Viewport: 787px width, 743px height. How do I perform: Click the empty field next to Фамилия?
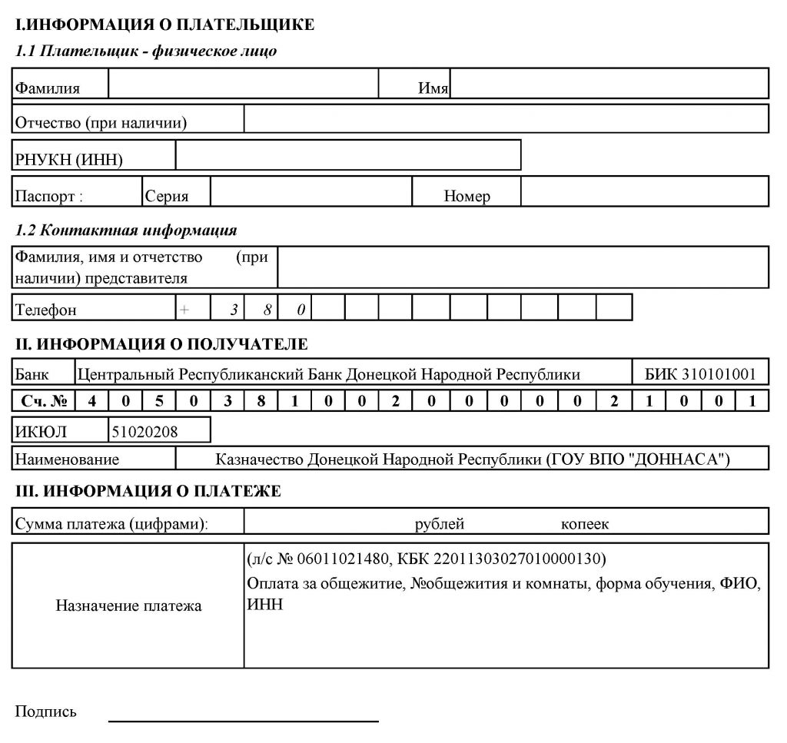244,84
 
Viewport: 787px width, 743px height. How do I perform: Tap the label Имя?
433,88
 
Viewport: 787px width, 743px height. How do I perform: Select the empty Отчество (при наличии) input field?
506,119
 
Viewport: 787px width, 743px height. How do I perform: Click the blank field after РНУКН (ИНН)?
348,154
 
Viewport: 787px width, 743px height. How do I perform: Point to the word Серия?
167,196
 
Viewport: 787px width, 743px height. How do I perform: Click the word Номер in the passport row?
467,196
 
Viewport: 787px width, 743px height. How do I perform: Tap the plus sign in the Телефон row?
184,310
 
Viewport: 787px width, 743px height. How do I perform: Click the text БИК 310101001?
700,374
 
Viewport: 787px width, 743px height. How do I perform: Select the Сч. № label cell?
43,401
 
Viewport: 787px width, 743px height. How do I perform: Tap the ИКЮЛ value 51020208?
144,431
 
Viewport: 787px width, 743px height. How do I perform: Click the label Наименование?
68,459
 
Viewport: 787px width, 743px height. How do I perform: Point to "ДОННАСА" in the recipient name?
687,459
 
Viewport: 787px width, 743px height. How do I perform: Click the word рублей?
440,524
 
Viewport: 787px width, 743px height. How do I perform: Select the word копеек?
584,524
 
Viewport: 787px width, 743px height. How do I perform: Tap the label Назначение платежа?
128,605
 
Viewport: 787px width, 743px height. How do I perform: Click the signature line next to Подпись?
244,721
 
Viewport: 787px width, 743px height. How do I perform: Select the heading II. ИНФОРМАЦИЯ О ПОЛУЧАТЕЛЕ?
161,343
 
